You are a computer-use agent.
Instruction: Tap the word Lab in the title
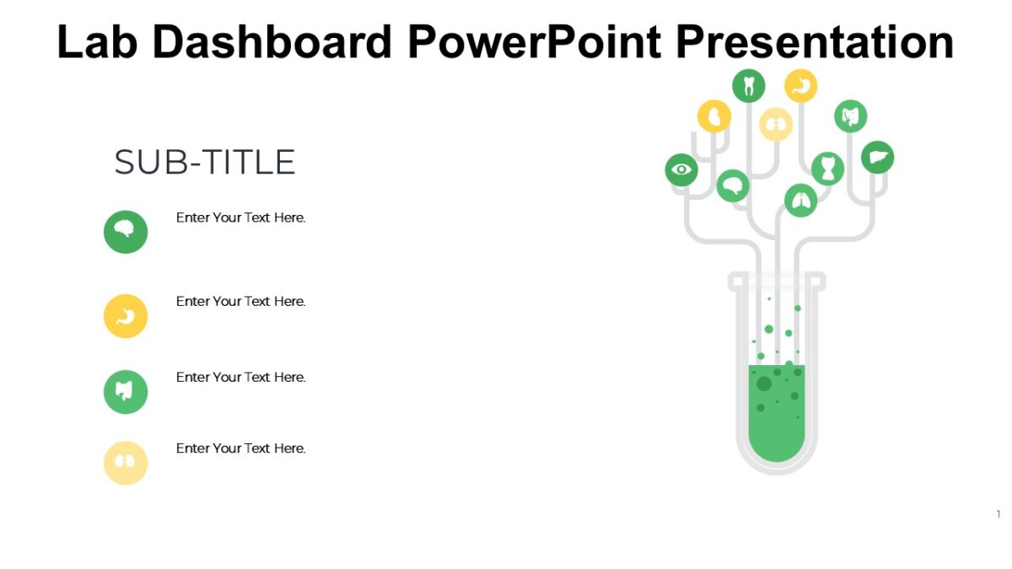point(98,41)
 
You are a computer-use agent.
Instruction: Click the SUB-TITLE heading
point(205,163)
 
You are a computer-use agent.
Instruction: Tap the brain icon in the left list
point(126,232)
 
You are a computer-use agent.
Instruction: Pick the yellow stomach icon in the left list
point(126,316)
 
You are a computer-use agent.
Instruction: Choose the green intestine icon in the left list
point(126,392)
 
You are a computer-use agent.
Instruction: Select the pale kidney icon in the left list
point(126,463)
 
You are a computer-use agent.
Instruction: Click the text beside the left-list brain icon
point(240,217)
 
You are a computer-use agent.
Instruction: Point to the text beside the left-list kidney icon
point(240,448)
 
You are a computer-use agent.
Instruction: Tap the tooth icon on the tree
point(748,86)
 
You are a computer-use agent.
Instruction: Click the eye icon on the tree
point(681,170)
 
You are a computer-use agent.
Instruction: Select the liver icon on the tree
point(877,158)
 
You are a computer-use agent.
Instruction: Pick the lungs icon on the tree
point(800,201)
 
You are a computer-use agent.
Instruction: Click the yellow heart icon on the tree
point(714,116)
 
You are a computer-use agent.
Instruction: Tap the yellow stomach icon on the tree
point(800,86)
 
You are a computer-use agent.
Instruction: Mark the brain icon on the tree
point(733,185)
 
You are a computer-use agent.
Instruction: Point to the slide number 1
point(999,514)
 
